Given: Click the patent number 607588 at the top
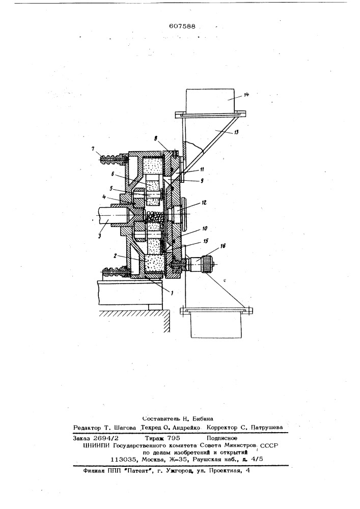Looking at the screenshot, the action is (182, 26).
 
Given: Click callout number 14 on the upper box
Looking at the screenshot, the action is (246, 95).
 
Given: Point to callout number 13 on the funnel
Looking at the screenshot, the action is (236, 132).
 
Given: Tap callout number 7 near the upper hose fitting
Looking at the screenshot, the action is (93, 149).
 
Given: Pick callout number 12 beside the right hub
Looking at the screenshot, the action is (204, 203).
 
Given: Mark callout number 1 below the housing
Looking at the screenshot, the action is (172, 293).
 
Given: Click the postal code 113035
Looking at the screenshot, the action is (122, 460).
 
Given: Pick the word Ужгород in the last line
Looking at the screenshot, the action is (180, 470).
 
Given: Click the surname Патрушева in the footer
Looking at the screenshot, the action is (266, 428).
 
